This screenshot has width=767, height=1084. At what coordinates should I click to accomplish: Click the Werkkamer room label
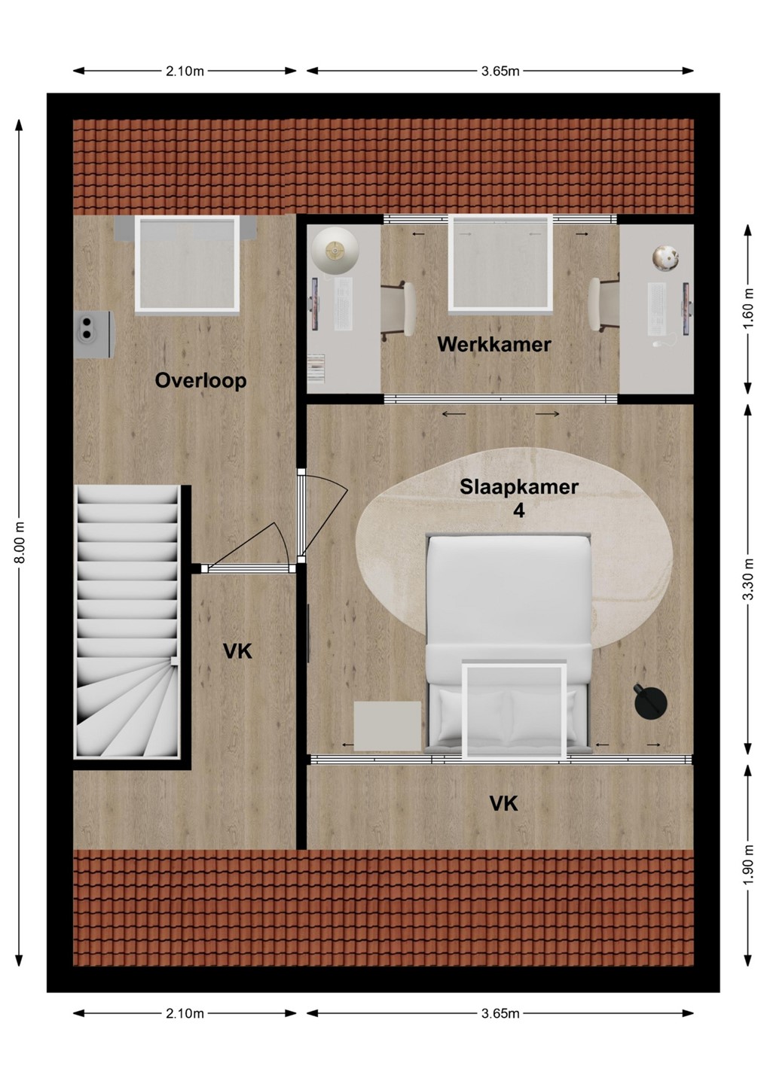(x=494, y=345)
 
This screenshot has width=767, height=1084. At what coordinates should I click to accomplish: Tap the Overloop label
(x=200, y=381)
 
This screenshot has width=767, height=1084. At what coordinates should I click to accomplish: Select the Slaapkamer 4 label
(x=519, y=498)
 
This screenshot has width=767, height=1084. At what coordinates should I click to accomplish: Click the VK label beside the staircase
(x=237, y=652)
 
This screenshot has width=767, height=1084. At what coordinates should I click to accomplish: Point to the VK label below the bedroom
(x=503, y=804)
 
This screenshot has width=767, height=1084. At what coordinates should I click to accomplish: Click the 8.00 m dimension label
(x=20, y=543)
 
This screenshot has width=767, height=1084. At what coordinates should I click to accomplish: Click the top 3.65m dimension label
(x=500, y=71)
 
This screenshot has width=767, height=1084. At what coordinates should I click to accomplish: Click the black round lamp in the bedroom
(x=650, y=701)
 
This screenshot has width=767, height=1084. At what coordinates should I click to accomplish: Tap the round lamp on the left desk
(x=335, y=251)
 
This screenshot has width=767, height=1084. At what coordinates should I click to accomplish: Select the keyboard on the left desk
(x=344, y=305)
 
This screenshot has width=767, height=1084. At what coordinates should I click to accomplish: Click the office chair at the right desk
(x=604, y=305)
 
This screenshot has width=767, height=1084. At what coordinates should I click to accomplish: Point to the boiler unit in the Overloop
(x=94, y=334)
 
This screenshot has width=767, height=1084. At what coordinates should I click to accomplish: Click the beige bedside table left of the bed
(x=387, y=726)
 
